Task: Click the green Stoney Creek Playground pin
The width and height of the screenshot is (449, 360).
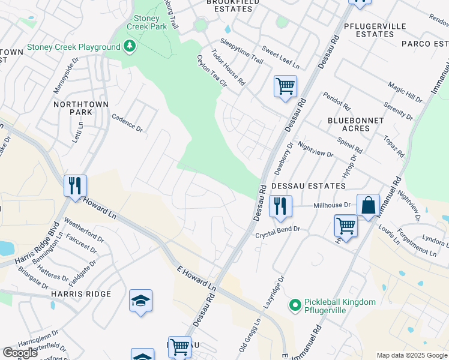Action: pyautogui.click(x=128, y=47)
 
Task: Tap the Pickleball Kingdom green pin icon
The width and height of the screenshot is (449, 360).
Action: pyautogui.click(x=294, y=306)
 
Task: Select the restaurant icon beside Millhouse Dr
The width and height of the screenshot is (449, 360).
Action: pyautogui.click(x=280, y=206)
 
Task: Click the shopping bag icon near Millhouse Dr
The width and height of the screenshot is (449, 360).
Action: pyautogui.click(x=368, y=205)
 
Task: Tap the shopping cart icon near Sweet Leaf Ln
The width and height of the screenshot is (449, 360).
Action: pyautogui.click(x=285, y=86)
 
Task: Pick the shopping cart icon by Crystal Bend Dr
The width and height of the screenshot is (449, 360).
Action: pyautogui.click(x=346, y=226)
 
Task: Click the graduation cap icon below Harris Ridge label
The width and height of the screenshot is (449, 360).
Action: pyautogui.click(x=140, y=301)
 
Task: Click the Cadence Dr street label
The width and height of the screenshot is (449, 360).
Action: pyautogui.click(x=127, y=124)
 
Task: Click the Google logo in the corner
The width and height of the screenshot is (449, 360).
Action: pyautogui.click(x=19, y=353)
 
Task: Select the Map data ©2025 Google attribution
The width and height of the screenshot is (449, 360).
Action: pyautogui.click(x=411, y=355)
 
